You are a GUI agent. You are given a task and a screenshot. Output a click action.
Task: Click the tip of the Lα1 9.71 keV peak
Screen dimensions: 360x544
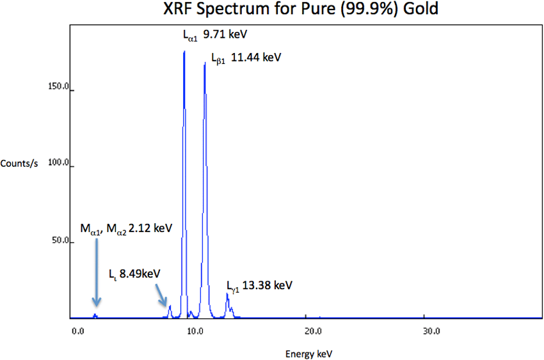point(184,52)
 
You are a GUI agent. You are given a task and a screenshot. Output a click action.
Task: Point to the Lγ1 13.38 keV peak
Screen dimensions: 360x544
point(227,295)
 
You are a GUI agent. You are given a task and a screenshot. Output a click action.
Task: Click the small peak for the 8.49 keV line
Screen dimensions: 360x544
point(170,308)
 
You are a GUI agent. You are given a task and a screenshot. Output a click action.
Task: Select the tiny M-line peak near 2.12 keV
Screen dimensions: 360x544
point(95,315)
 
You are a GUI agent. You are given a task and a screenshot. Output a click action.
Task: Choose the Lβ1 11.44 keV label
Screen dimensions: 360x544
point(246,58)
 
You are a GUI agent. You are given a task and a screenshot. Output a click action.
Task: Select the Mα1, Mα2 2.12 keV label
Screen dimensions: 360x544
point(126,228)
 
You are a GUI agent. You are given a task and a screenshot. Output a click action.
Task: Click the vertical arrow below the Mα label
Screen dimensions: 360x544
point(96,272)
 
